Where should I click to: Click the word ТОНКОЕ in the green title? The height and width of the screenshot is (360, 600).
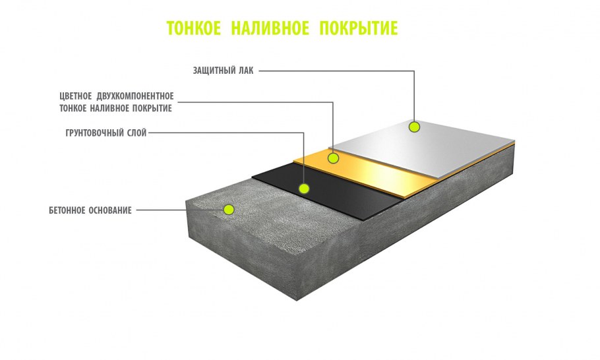click(194, 28)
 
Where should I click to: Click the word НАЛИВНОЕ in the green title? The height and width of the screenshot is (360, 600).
click(270, 28)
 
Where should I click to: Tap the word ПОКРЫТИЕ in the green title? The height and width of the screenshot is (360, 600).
click(359, 28)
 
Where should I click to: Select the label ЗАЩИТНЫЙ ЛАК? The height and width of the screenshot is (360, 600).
click(223, 71)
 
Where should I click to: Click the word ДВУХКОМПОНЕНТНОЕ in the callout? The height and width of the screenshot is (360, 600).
click(135, 96)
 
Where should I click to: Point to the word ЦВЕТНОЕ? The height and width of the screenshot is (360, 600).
click(76, 96)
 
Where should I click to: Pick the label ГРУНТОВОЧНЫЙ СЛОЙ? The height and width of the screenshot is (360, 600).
click(106, 133)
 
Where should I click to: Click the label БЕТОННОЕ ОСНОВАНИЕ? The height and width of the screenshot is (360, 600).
click(90, 210)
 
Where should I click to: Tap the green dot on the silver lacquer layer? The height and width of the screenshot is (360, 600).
click(414, 127)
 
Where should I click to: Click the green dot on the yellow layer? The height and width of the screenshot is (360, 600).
click(333, 158)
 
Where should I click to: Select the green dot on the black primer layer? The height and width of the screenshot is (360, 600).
click(304, 188)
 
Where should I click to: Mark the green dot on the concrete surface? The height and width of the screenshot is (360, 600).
click(229, 209)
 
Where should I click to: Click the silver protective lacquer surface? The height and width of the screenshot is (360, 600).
click(425, 147)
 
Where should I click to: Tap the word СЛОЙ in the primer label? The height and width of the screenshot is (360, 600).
click(136, 133)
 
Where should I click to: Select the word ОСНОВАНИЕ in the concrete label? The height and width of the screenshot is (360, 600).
click(110, 210)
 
